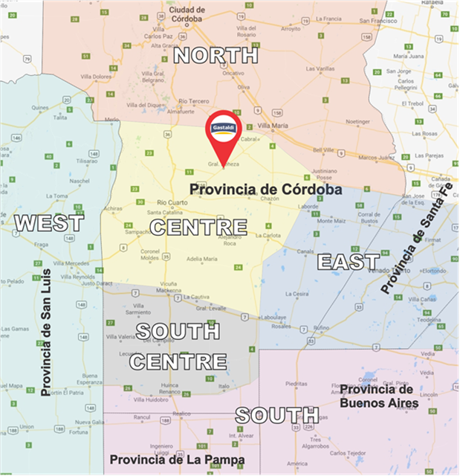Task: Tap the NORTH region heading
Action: [x=216, y=55]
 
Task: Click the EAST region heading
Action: [x=349, y=262]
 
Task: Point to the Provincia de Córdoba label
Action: [x=265, y=190]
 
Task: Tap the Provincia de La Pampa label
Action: [x=177, y=460]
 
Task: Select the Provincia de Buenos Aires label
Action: [x=379, y=396]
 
